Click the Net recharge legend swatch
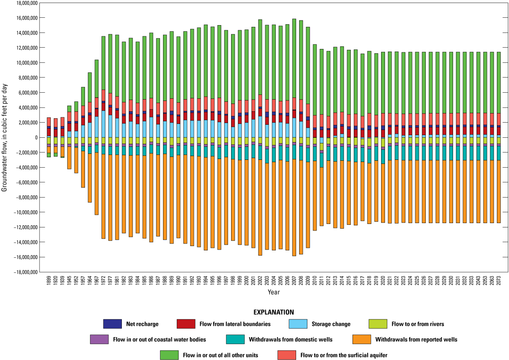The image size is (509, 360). coord(112,324)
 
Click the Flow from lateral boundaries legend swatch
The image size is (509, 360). coord(186,324)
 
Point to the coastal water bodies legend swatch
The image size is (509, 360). coord(99,339)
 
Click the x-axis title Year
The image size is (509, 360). coord(274,292)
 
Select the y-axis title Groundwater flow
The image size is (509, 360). coord(4,138)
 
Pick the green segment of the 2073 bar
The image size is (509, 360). coord(499,82)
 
